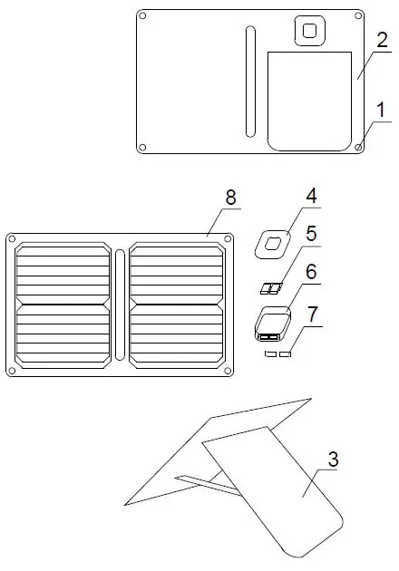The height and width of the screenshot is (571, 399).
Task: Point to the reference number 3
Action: click(334, 460)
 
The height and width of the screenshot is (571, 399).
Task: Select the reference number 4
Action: click(311, 196)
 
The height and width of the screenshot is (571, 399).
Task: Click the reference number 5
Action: click(311, 234)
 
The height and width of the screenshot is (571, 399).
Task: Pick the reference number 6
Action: click(311, 271)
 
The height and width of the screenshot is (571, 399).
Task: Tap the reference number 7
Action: click(313, 314)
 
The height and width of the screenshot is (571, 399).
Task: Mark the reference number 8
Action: click(230, 197)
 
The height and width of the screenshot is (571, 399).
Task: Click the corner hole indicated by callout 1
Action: click(359, 146)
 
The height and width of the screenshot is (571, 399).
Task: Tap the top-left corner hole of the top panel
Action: click(142, 15)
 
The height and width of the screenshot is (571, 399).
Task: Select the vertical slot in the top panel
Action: click(249, 82)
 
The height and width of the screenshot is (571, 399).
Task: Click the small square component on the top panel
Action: click(311, 30)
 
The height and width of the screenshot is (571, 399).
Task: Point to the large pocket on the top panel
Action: click(310, 100)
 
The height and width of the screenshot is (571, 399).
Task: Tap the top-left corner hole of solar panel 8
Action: click(12, 238)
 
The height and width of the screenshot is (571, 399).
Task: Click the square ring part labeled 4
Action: click(272, 241)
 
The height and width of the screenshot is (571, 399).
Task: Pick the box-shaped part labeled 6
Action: click(272, 322)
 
